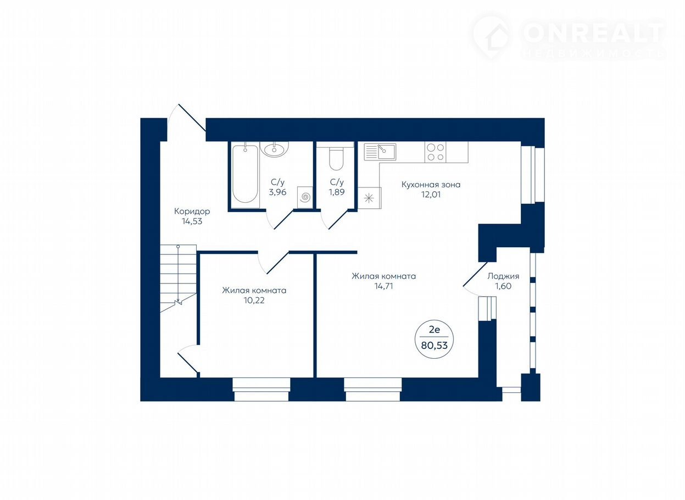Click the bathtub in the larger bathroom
pyautogui.click(x=245, y=174)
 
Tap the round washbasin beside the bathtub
pyautogui.click(x=274, y=149)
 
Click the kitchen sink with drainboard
pyautogui.click(x=380, y=152)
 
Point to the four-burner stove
pyautogui.click(x=435, y=152)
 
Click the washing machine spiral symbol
pyautogui.click(x=305, y=197)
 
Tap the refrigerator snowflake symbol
pyautogui.click(x=369, y=198)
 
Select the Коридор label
pyautogui.click(x=192, y=212)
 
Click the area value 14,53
pyautogui.click(x=192, y=221)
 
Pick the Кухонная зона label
pyautogui.click(x=431, y=185)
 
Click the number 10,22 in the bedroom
pyautogui.click(x=254, y=301)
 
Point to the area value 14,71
pyautogui.click(x=383, y=286)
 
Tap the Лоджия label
pyautogui.click(x=503, y=276)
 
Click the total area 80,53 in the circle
pyautogui.click(x=435, y=345)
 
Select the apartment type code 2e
pyautogui.click(x=435, y=329)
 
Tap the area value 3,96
pyautogui.click(x=277, y=192)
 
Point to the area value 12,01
pyautogui.click(x=431, y=195)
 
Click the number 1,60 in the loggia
pyautogui.click(x=503, y=286)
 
